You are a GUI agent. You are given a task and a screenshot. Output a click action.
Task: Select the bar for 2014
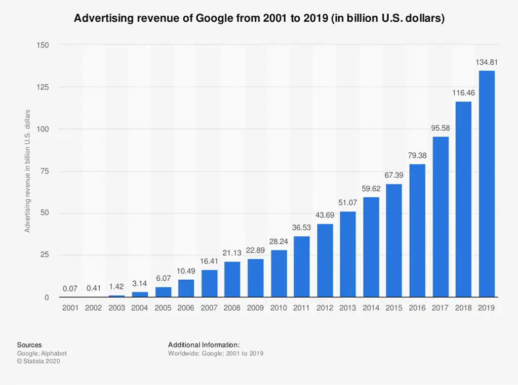(x=371, y=247)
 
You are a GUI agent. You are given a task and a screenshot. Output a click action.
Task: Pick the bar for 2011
(x=302, y=267)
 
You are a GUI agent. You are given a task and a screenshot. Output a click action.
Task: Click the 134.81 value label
(x=487, y=63)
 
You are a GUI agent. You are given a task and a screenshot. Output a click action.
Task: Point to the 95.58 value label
(x=440, y=129)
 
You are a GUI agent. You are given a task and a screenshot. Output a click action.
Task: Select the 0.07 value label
(x=70, y=289)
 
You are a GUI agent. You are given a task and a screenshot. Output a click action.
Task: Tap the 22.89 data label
(x=255, y=251)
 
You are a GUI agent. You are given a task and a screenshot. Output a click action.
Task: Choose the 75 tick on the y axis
(x=45, y=171)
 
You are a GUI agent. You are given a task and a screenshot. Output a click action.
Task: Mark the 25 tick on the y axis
(x=45, y=255)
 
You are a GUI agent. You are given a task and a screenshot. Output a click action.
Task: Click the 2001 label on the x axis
(x=70, y=308)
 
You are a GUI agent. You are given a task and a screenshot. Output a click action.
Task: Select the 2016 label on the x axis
(x=417, y=308)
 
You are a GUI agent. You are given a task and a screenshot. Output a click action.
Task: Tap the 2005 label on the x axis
(x=163, y=308)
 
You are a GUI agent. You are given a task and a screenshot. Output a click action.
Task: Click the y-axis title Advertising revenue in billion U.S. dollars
(x=28, y=170)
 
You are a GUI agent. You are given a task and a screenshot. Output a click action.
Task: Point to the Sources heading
(x=29, y=345)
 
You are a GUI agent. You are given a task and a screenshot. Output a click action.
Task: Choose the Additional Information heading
(x=204, y=345)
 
